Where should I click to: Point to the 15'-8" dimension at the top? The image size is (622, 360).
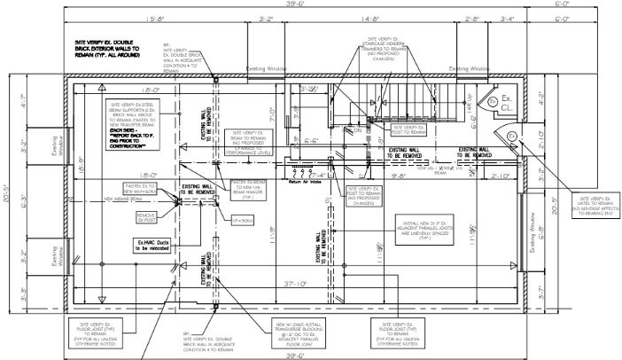[x=155, y=18]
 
